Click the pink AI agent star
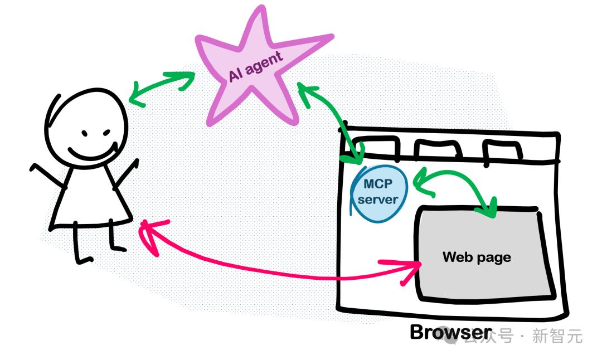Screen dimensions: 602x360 point(254,73)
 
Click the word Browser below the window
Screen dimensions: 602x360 point(451,332)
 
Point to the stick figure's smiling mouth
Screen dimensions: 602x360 point(92,153)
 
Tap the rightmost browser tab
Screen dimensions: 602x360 point(502,150)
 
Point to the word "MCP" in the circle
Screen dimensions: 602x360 point(378,184)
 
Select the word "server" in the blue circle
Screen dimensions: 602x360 point(378,200)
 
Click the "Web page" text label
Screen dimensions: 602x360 point(477,257)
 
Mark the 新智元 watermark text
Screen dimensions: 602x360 point(557,336)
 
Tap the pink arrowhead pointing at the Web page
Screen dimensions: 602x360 point(407,269)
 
